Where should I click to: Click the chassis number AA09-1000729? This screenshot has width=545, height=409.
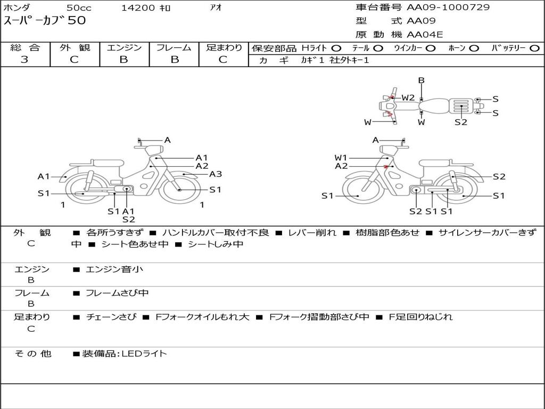pyautogui.click(x=448, y=7)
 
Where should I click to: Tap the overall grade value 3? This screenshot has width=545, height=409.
pyautogui.click(x=24, y=60)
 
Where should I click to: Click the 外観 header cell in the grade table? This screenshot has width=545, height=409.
pyautogui.click(x=75, y=47)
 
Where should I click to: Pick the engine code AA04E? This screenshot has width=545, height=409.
pyautogui.click(x=425, y=35)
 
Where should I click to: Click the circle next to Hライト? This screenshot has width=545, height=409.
pyautogui.click(x=336, y=48)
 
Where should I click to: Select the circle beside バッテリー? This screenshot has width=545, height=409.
pyautogui.click(x=534, y=48)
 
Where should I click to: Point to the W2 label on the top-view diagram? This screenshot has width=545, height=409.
pyautogui.click(x=408, y=98)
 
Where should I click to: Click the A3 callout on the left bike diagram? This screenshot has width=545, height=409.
pyautogui.click(x=215, y=174)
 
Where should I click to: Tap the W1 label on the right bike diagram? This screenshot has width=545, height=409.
pyautogui.click(x=341, y=158)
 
